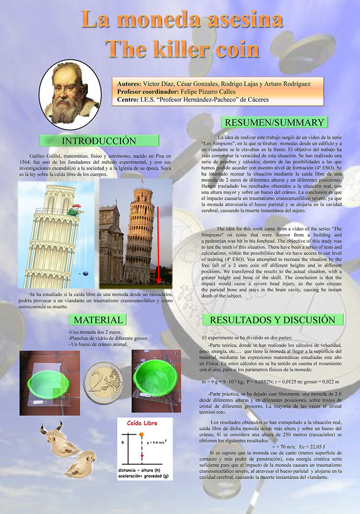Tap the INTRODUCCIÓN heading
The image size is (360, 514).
click(x=99, y=141)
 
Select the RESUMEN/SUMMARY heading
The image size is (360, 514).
click(x=274, y=122)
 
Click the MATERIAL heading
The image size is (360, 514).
click(x=97, y=320)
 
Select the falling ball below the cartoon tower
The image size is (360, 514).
click(x=85, y=274)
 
